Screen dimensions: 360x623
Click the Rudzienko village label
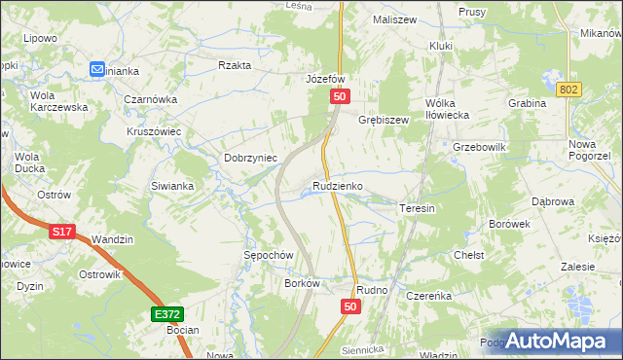(x=338, y=185)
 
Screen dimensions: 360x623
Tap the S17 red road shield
(x=62, y=232)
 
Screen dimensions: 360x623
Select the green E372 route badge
(x=166, y=314)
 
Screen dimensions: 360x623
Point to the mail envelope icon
(x=97, y=69)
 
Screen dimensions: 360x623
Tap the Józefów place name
(x=326, y=79)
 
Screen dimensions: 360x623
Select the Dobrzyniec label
(x=251, y=157)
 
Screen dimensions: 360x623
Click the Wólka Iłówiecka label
(x=448, y=109)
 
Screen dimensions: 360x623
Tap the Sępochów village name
(x=268, y=254)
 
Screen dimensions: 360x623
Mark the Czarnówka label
(x=150, y=98)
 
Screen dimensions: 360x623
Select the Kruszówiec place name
(x=156, y=130)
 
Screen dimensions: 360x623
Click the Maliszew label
(x=395, y=18)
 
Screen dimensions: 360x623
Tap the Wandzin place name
(x=112, y=238)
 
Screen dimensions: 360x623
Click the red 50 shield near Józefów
(x=340, y=96)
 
